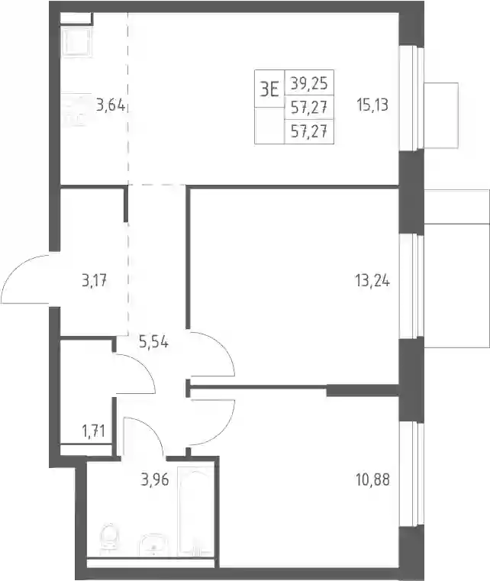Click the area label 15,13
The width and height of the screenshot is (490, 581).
click(x=372, y=105)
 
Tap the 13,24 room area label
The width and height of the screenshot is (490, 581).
click(x=372, y=281)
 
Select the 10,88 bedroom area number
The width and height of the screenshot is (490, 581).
click(x=372, y=480)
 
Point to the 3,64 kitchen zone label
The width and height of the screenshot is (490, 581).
click(x=111, y=105)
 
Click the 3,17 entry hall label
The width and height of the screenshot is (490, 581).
click(x=95, y=281)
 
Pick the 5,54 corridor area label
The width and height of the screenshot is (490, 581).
click(x=153, y=342)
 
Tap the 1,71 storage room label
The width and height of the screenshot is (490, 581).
click(x=93, y=431)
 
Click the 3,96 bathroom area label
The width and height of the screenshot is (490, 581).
click(x=155, y=480)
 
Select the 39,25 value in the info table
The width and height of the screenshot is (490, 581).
click(x=309, y=83)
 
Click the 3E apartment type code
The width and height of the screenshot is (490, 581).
click(x=269, y=89)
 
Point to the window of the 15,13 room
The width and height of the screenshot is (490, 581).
click(x=411, y=98)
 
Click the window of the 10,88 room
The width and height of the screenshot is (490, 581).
click(x=411, y=473)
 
